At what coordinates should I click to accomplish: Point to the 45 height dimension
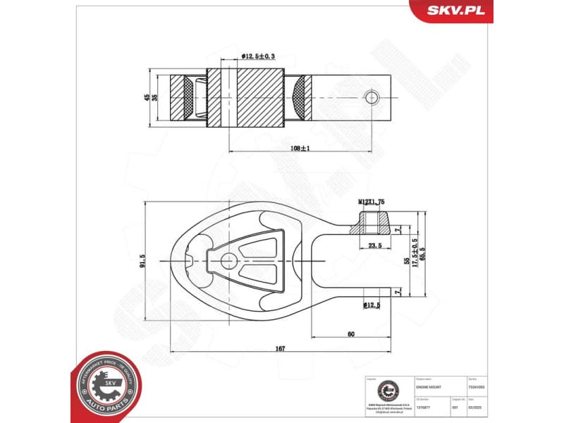(x=147, y=97)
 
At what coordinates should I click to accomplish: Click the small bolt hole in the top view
(x=372, y=97)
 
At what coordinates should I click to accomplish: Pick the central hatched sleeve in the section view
(x=247, y=97)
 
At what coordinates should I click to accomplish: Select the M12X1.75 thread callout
(x=372, y=202)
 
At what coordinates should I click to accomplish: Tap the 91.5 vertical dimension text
(x=142, y=261)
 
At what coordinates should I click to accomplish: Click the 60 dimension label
(x=350, y=333)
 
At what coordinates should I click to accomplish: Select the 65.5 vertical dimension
(x=422, y=254)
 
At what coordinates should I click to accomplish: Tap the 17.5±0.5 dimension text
(x=414, y=252)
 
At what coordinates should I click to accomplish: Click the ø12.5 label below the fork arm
(x=372, y=305)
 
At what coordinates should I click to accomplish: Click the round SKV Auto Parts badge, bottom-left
(x=106, y=384)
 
